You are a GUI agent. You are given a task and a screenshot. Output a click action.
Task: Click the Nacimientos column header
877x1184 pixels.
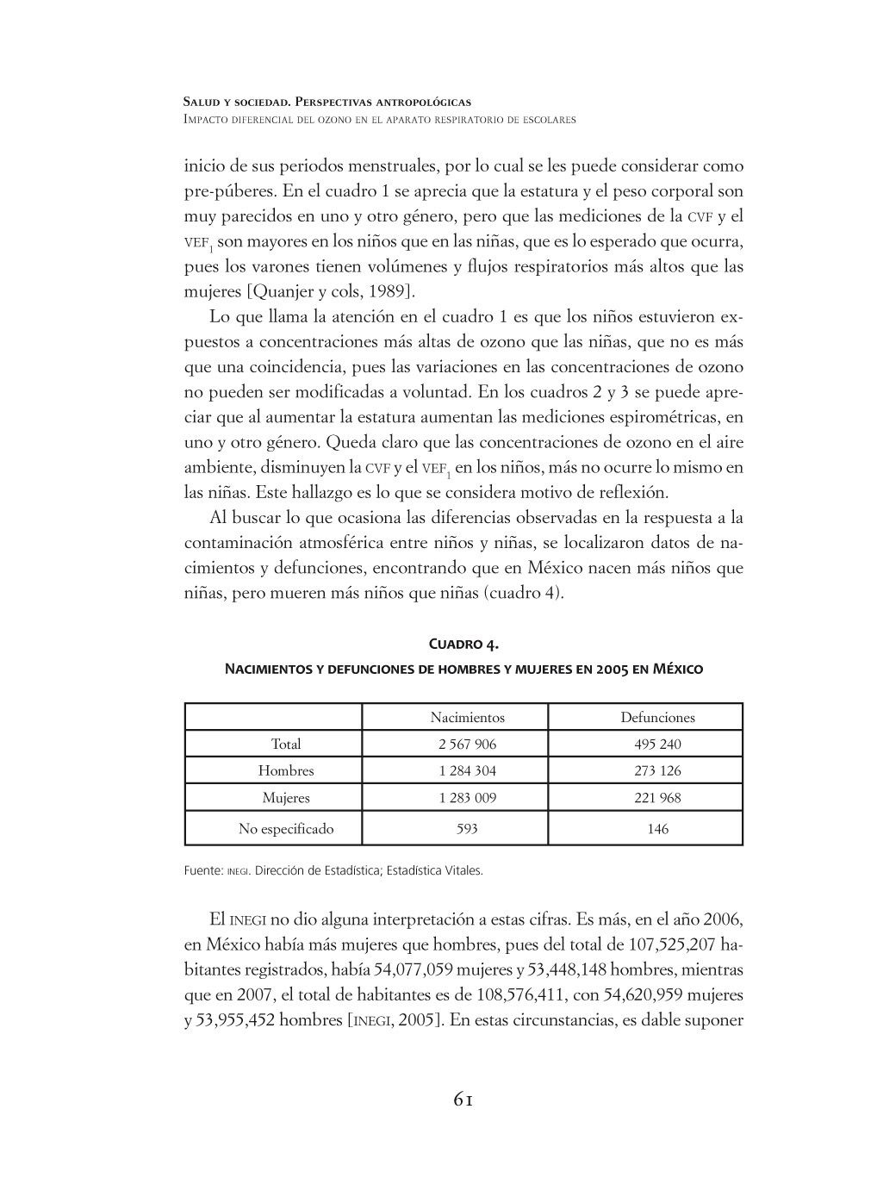coord(467,717)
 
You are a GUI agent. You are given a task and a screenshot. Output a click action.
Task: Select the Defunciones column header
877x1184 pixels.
coord(657,717)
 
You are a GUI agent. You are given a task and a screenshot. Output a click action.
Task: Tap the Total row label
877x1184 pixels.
coord(286,744)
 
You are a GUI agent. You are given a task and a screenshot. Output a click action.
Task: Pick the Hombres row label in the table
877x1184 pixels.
coord(286,770)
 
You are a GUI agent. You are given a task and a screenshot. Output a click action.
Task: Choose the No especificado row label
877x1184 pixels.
coord(286,829)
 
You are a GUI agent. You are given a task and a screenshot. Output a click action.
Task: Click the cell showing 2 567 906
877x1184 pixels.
coord(467,744)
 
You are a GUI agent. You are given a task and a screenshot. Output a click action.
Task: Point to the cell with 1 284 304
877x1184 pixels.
coord(467,770)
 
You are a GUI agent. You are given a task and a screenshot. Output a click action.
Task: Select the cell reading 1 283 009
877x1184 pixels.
coord(467,797)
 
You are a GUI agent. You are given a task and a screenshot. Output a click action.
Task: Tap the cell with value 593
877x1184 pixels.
coord(467,829)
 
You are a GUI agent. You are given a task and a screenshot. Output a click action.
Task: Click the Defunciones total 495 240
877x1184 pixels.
coord(657,744)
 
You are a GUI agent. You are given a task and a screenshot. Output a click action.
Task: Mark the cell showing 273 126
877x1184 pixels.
coord(657,770)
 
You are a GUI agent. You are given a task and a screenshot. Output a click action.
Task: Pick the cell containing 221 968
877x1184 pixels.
coord(657,797)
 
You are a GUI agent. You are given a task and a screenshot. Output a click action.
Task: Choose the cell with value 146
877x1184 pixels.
coord(657,829)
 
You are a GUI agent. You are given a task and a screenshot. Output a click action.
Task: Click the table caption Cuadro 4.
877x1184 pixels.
coord(463,645)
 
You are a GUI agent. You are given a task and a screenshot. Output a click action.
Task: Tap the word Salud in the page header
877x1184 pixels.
coord(203,102)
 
